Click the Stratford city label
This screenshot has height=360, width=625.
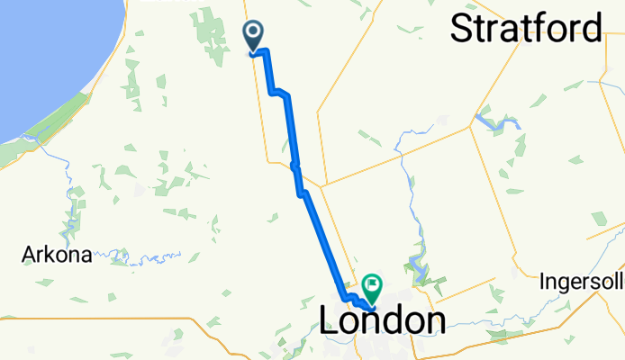pyautogui.click(x=526, y=29)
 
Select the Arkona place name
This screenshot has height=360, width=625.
pyautogui.click(x=57, y=255)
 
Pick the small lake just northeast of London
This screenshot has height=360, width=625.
pyautogui.click(x=415, y=266)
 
